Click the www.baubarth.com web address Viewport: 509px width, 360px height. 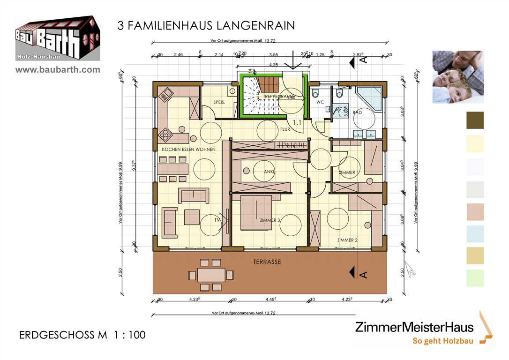point(58,70)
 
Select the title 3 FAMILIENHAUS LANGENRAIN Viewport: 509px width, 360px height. point(206,26)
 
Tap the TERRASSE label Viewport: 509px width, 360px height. point(268,262)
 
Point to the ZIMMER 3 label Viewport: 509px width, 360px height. point(269,220)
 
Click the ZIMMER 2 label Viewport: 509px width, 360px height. point(347,240)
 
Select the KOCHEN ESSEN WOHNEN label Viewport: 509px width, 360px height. point(188,149)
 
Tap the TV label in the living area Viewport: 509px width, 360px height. point(217,219)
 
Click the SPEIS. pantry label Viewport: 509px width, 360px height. point(219,102)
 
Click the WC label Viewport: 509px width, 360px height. point(320,102)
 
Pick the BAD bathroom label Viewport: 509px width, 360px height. point(357,113)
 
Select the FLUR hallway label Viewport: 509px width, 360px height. point(285,129)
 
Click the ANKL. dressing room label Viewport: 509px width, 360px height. point(270,172)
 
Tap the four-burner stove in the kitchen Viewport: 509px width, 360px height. point(166,136)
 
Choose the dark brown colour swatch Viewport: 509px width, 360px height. point(475,120)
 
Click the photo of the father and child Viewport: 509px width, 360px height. point(457,76)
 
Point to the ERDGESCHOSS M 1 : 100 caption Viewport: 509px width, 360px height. point(82,335)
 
